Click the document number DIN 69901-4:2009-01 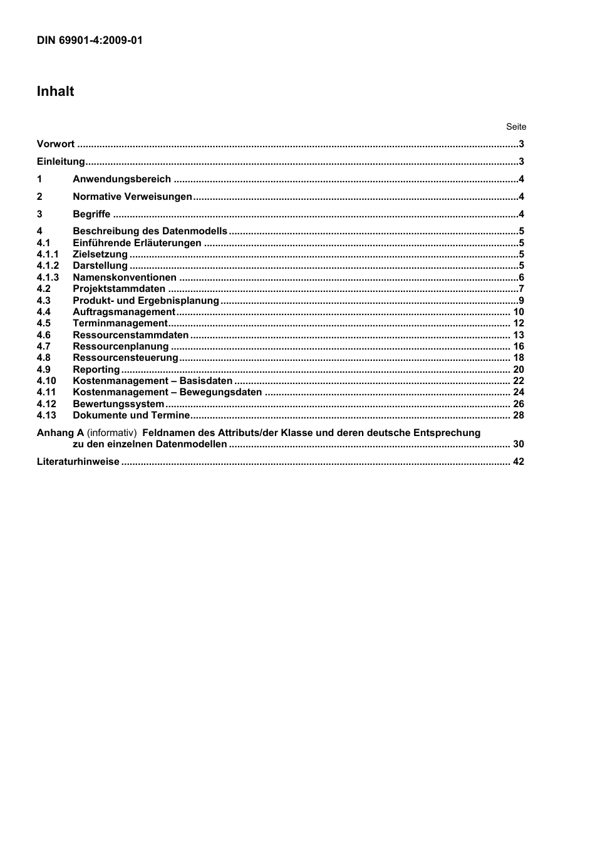click(x=90, y=41)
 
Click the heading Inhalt click(x=55, y=91)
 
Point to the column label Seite click(x=516, y=127)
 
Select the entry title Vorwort click(x=56, y=144)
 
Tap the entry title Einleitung click(x=61, y=162)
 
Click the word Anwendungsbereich click(x=122, y=179)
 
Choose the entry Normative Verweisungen click(x=132, y=197)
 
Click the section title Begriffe click(x=91, y=214)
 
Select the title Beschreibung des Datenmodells click(x=150, y=231)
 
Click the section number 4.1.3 click(x=48, y=278)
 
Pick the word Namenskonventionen click(x=125, y=278)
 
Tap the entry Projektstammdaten click(x=119, y=289)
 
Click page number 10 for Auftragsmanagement click(x=519, y=312)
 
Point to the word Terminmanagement click(x=120, y=323)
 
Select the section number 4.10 click(x=46, y=381)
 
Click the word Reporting click(x=96, y=370)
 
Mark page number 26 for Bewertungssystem click(x=519, y=404)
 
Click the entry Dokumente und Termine click(x=131, y=415)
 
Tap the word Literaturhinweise click(x=78, y=462)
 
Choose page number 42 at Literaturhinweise click(x=519, y=462)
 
